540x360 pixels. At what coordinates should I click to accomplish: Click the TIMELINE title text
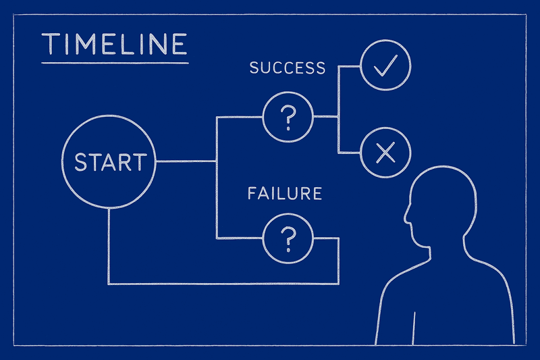[x=114, y=44]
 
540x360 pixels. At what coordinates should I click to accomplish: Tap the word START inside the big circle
[x=109, y=162]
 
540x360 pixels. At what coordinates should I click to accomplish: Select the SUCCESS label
[x=288, y=68]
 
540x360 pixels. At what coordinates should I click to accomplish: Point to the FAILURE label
[x=284, y=194]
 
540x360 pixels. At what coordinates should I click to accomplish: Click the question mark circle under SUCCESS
[x=288, y=117]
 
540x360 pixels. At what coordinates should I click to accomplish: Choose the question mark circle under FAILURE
[x=288, y=238]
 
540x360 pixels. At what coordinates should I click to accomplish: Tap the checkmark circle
[x=385, y=66]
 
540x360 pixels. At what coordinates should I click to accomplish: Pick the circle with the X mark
[x=385, y=154]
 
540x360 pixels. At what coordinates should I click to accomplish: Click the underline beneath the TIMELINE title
[x=114, y=62]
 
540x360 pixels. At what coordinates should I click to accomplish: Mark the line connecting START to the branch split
[x=186, y=161]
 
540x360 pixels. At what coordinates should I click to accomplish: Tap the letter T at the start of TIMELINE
[x=50, y=44]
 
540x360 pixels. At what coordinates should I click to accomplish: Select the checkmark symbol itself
[x=385, y=66]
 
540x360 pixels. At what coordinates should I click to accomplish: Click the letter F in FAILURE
[x=252, y=194]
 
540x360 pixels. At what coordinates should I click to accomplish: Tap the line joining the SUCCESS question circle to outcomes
[x=326, y=117]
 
